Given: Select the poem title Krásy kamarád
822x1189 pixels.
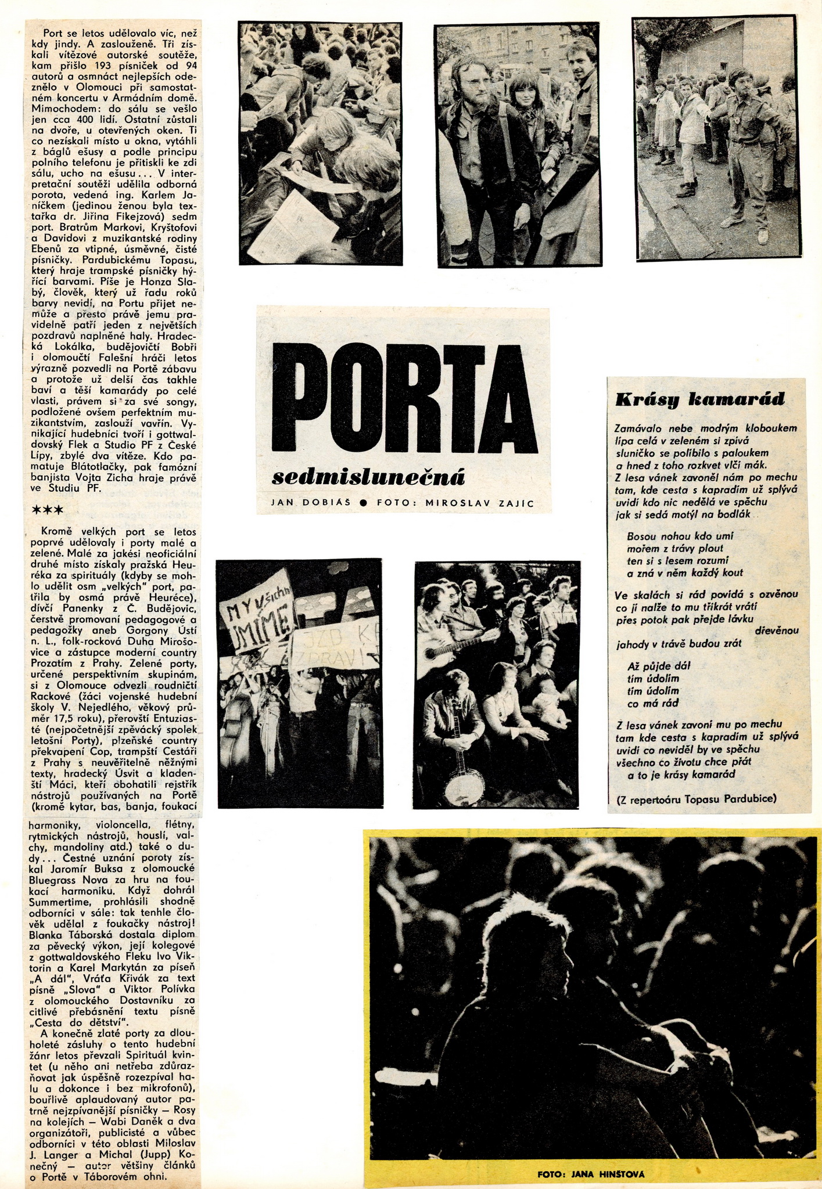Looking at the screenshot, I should [699, 399].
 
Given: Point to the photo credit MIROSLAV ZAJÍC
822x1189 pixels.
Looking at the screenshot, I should [479, 503].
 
